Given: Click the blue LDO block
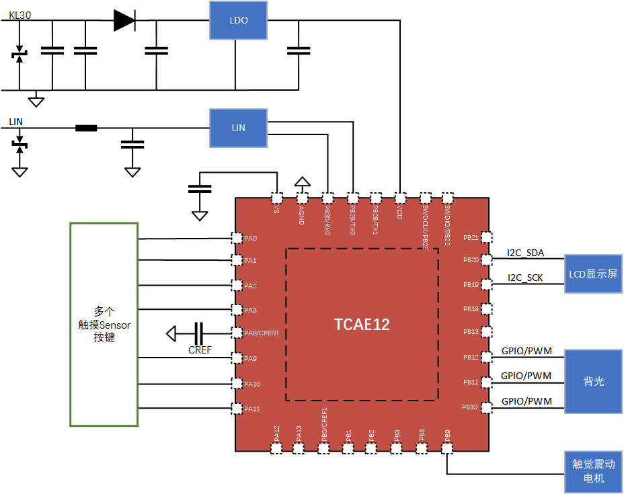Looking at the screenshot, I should (x=238, y=20).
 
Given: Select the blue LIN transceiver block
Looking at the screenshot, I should (x=238, y=128).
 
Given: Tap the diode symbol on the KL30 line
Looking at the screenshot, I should (x=124, y=21).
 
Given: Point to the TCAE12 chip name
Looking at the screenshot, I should (x=362, y=325).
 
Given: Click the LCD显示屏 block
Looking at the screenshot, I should (x=593, y=274).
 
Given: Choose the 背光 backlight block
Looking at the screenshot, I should (x=593, y=381).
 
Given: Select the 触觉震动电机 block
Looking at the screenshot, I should (x=593, y=471).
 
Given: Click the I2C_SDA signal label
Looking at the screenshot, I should (x=526, y=253).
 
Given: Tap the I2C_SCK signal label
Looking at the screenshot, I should (x=526, y=278).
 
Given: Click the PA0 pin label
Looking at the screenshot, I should (x=251, y=238).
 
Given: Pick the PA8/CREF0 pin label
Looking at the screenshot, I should (x=261, y=333).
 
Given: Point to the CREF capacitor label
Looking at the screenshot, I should (x=200, y=349).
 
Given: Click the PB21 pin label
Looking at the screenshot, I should (x=471, y=238).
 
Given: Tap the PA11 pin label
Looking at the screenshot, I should (x=252, y=409).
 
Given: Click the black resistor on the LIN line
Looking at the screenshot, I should (x=86, y=128).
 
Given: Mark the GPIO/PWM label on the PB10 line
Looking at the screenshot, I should (x=526, y=401).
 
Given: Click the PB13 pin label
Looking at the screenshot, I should (x=471, y=333).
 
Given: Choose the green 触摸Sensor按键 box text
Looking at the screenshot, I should (x=104, y=325).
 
